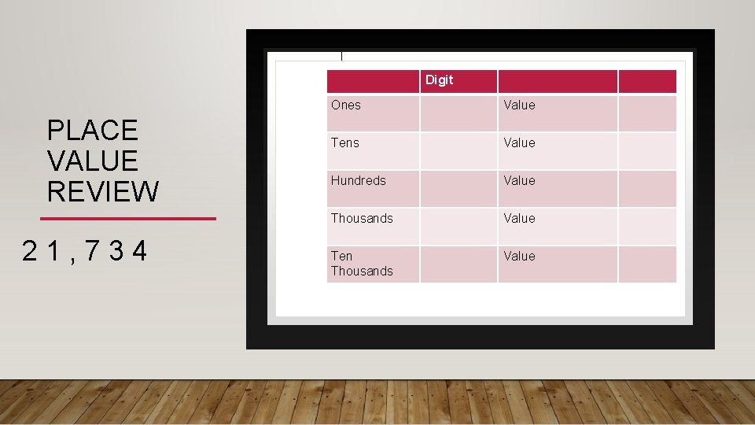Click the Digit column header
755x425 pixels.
point(440,80)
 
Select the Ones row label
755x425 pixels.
point(345,105)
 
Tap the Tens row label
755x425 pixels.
point(344,142)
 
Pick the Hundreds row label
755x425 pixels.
point(358,180)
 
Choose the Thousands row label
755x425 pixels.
point(362,218)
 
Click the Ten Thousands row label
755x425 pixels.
point(361,263)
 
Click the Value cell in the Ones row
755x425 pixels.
point(519,105)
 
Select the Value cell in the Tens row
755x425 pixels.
point(519,142)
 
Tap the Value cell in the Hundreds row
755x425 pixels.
point(519,180)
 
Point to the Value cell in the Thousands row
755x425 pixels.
point(519,218)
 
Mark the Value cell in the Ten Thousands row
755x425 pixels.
point(519,256)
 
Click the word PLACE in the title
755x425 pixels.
point(92,130)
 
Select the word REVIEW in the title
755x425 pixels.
point(102,191)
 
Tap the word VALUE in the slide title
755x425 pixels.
point(92,161)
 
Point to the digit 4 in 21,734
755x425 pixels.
point(139,251)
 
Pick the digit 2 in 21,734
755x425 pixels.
point(30,251)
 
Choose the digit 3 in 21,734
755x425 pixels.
point(116,251)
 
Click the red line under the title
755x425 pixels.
point(127,218)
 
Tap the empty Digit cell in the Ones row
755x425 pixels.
point(458,113)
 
